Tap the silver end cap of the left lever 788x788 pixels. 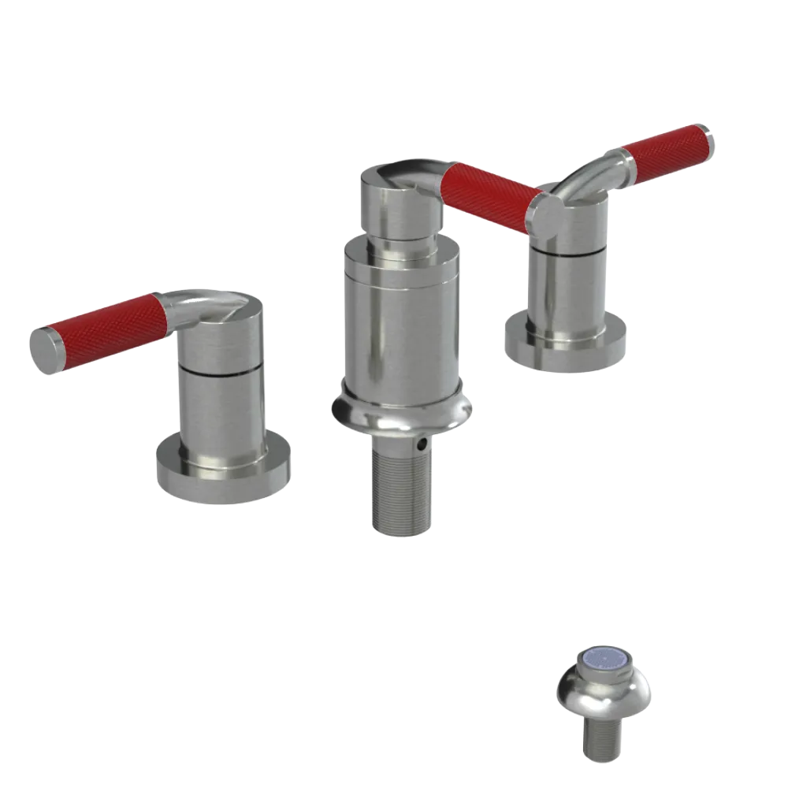tap(46, 349)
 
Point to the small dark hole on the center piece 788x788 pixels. tap(425, 445)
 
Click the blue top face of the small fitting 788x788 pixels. tap(604, 666)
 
